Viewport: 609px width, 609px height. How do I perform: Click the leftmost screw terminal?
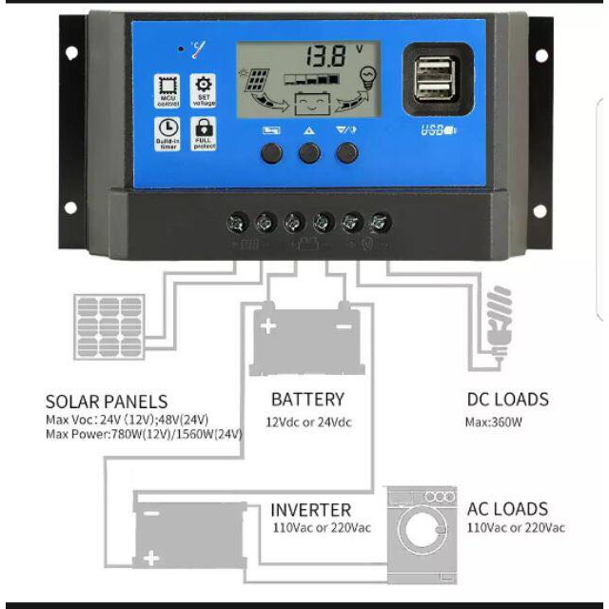tap(238, 224)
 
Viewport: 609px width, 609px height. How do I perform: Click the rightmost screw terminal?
tap(381, 224)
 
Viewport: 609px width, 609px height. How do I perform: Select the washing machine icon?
tap(422, 536)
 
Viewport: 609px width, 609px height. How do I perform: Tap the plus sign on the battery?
tap(268, 326)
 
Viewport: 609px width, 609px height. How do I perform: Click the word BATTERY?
tap(307, 400)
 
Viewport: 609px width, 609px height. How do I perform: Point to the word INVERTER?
tap(310, 510)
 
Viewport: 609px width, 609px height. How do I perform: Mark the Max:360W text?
tap(495, 421)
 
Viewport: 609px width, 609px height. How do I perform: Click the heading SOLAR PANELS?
tap(107, 402)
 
